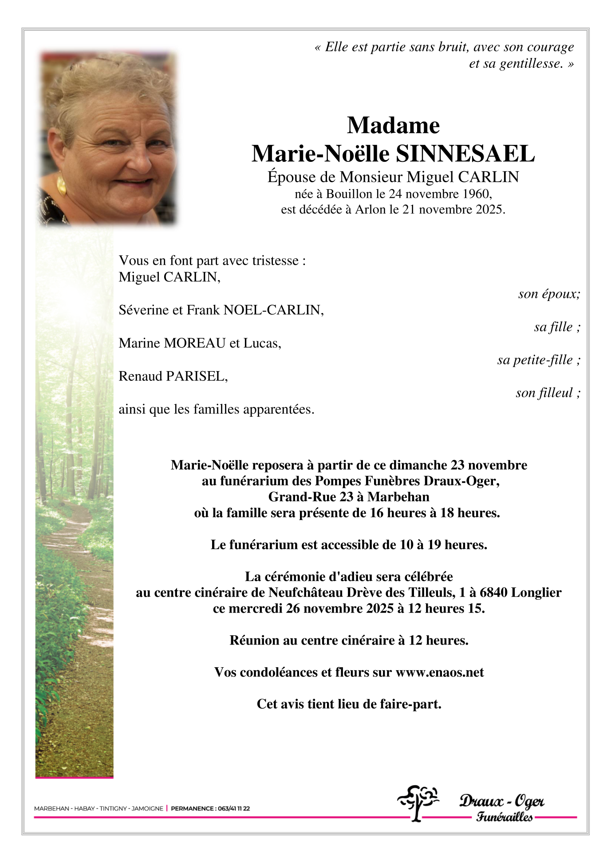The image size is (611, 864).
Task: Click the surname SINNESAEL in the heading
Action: point(465,154)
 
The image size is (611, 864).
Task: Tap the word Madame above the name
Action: point(393,125)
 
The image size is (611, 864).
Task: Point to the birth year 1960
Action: point(476,194)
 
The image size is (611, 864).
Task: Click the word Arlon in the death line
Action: point(371,209)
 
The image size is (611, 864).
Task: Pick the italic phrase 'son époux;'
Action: point(549,294)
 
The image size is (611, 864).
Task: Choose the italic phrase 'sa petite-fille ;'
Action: point(539,360)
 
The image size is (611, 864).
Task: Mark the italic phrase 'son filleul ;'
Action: point(548,393)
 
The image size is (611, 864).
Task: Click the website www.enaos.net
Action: point(439,672)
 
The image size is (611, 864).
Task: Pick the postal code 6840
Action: point(494,593)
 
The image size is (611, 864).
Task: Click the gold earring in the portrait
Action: point(61,185)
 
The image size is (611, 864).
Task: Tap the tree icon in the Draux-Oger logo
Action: point(417,802)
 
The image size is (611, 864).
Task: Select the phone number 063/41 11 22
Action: point(233,809)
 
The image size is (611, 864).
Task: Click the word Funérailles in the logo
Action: point(505,817)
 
